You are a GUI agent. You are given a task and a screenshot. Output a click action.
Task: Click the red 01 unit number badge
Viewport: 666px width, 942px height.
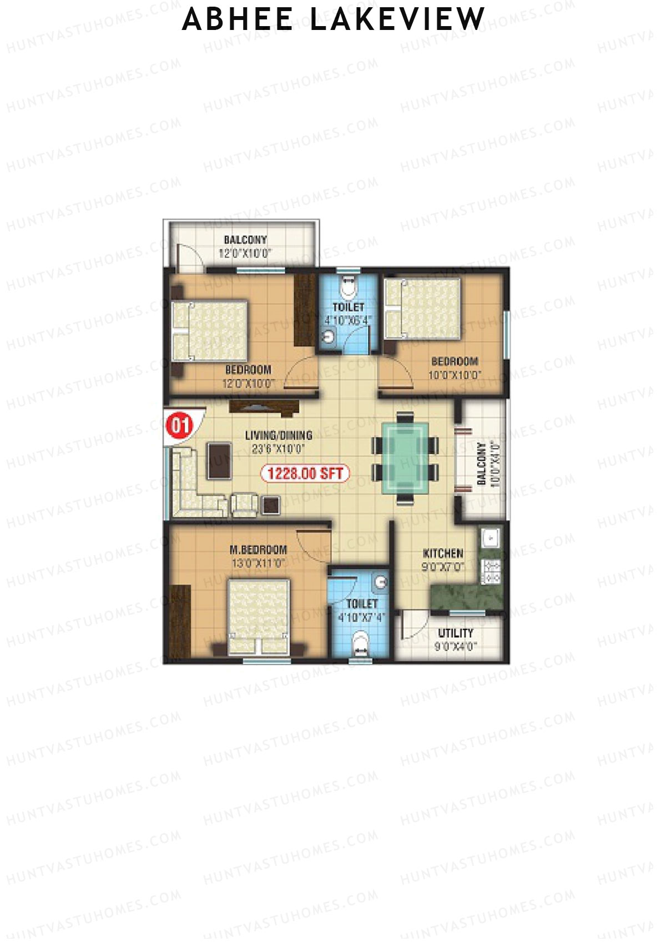pos(179,426)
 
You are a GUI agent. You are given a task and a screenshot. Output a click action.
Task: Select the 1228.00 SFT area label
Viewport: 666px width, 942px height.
pos(305,473)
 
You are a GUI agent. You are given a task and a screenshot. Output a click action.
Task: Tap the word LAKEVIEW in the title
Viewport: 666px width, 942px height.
pos(397,19)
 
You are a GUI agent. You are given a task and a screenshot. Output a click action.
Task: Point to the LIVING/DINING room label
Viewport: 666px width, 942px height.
pos(279,435)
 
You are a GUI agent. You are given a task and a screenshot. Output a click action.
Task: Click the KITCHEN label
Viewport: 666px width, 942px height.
pos(443,553)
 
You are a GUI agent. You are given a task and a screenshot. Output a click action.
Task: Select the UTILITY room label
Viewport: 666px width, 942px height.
pos(456,633)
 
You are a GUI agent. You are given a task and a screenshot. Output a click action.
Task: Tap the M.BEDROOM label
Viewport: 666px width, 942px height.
pos(259,550)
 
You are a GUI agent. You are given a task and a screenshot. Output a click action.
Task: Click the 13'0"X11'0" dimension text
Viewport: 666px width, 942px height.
pos(259,563)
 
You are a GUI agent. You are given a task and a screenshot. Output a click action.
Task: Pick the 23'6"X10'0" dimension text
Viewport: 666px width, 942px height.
pos(279,449)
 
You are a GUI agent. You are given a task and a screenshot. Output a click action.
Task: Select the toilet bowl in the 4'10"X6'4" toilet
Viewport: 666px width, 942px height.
pos(348,287)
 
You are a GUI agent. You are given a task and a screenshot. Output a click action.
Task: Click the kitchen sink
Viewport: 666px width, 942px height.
pos(491,537)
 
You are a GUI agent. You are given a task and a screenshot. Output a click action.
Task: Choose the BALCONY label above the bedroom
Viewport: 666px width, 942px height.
pos(245,240)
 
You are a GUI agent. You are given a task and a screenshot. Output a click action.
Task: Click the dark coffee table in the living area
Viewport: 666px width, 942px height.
pos(219,460)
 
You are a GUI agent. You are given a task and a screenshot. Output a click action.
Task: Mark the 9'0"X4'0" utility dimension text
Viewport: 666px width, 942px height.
pos(456,647)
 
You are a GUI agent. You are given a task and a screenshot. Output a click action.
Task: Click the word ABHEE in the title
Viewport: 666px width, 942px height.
pos(238,19)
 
